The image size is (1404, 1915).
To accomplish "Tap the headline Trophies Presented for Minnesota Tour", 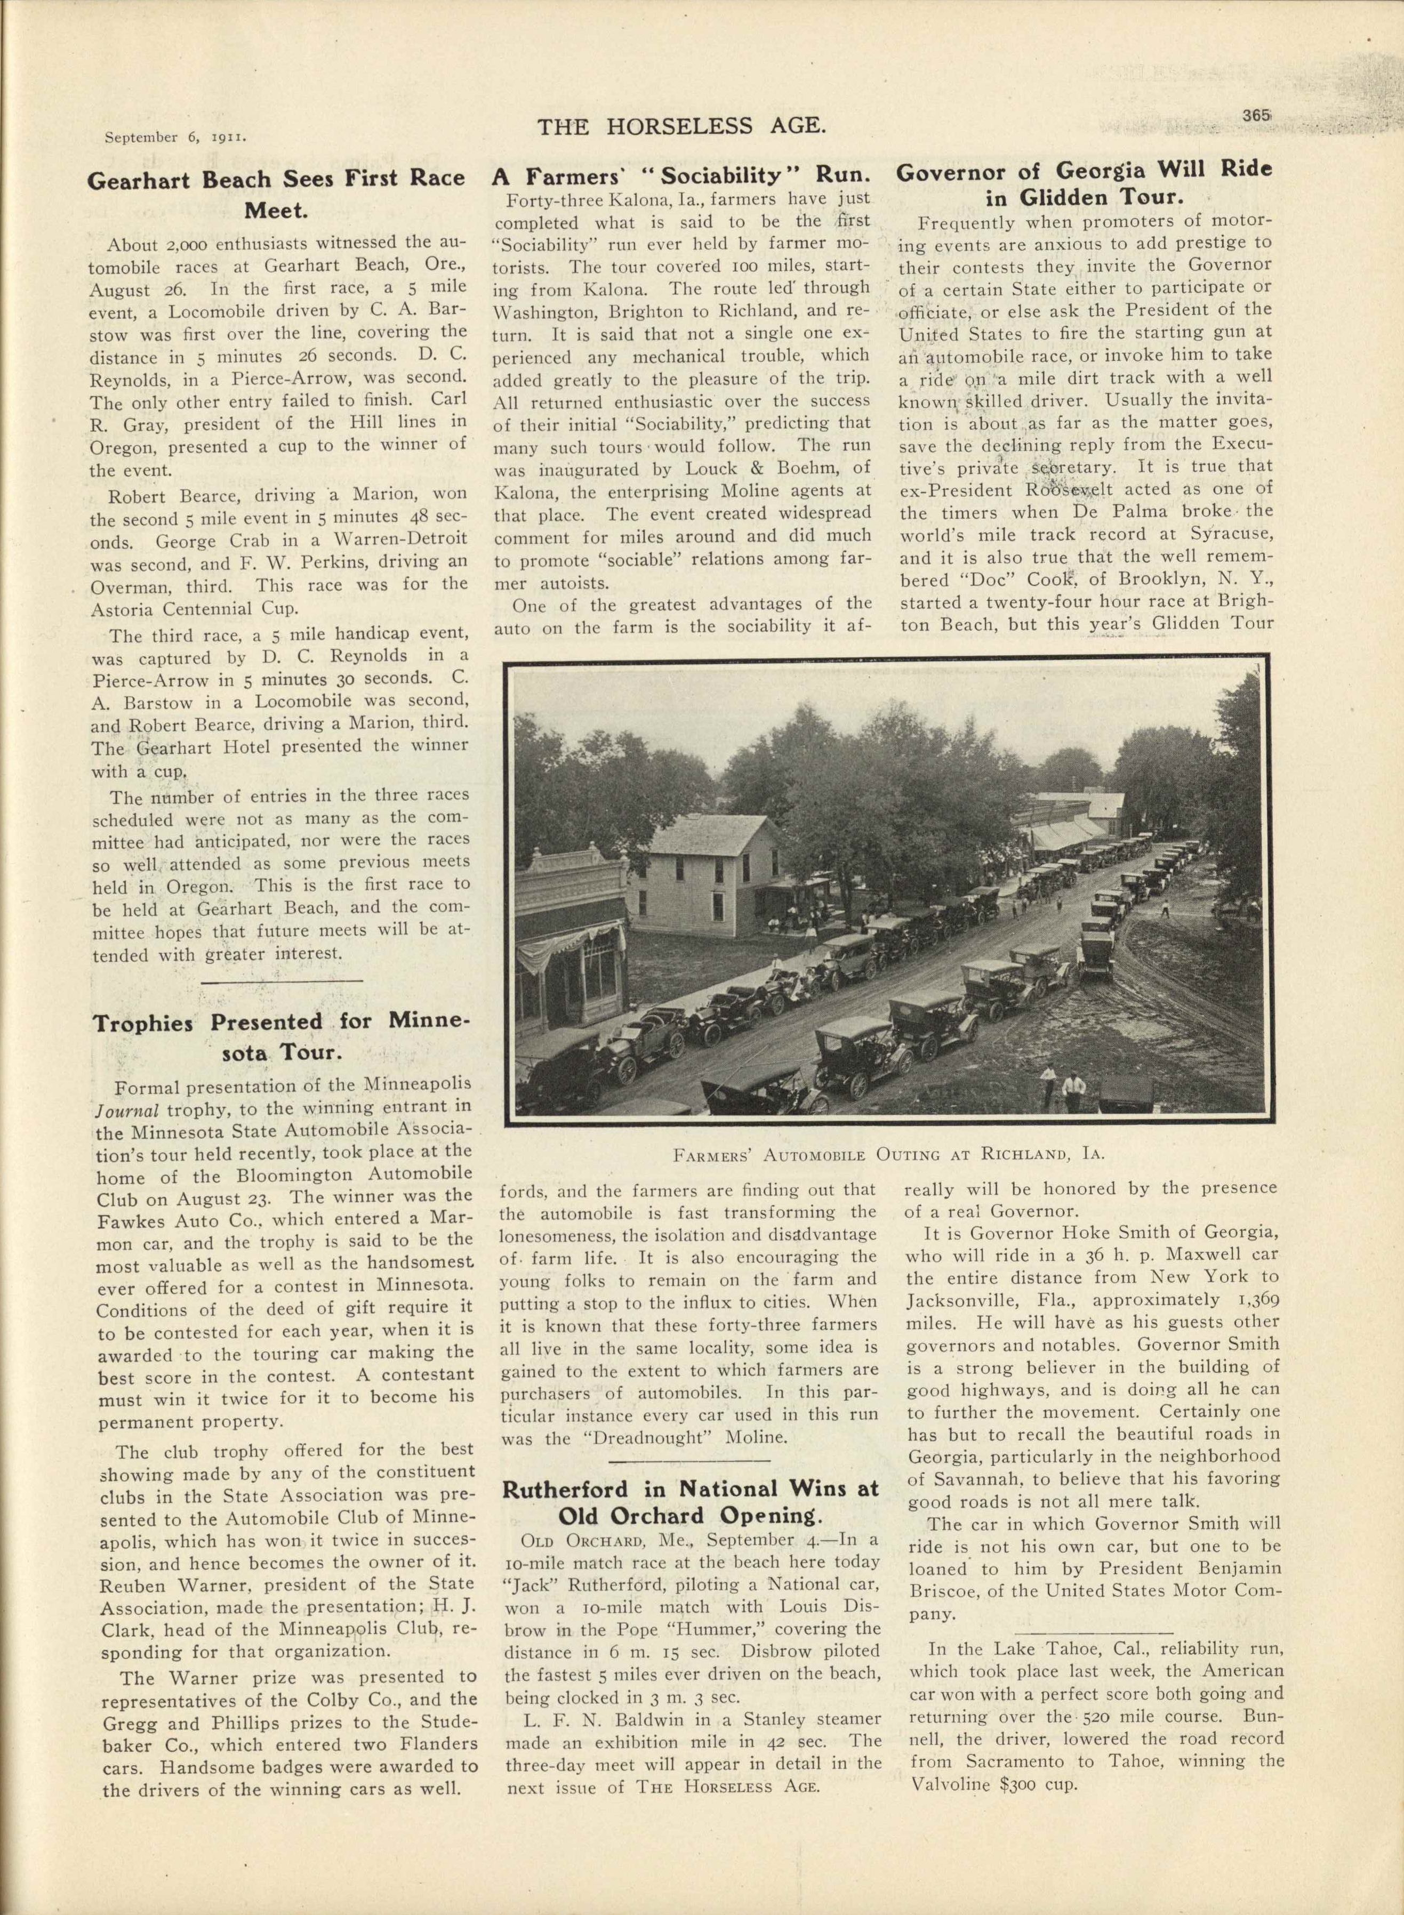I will click(x=280, y=1036).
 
